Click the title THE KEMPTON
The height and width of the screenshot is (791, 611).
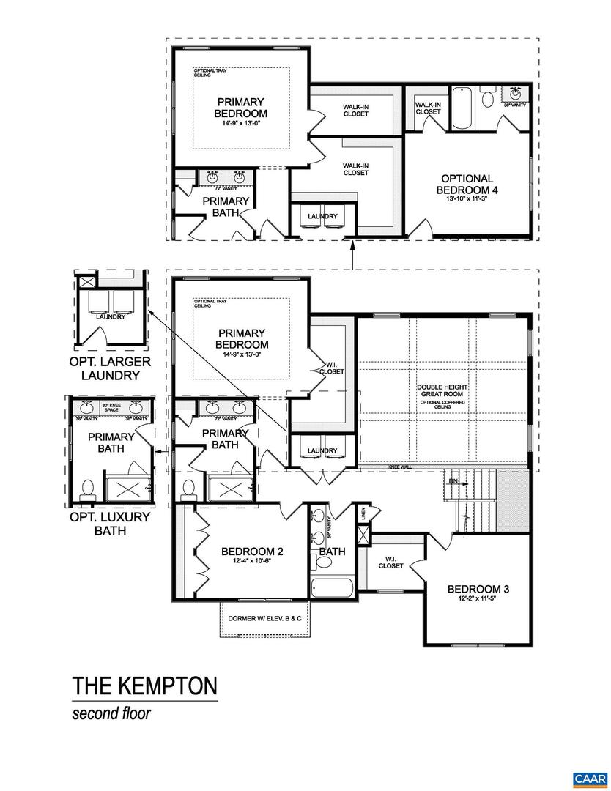pyautogui.click(x=144, y=686)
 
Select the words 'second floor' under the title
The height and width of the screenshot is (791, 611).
pyautogui.click(x=111, y=713)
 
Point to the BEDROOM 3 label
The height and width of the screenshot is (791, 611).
pyautogui.click(x=478, y=589)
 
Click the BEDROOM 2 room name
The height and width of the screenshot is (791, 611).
pyautogui.click(x=252, y=552)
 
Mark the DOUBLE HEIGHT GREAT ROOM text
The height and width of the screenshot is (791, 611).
pyautogui.click(x=442, y=390)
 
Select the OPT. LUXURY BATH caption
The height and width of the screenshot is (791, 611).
pyautogui.click(x=110, y=523)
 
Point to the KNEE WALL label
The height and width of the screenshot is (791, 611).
pyautogui.click(x=401, y=467)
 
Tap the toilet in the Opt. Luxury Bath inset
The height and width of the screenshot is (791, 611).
pyautogui.click(x=87, y=489)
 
